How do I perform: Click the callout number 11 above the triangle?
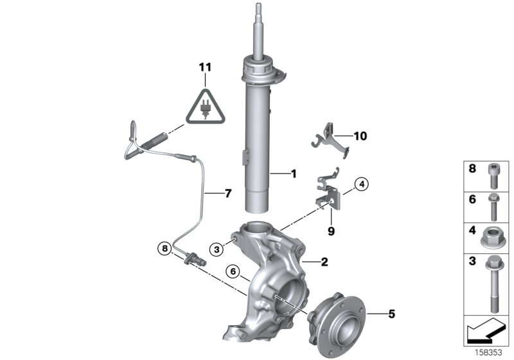click(204, 66)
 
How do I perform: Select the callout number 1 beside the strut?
click(293, 174)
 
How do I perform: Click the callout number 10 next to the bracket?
click(359, 136)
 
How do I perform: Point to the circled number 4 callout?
click(362, 186)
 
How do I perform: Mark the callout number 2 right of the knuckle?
click(324, 262)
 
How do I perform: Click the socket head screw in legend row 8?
click(493, 175)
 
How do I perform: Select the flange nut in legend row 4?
click(493, 234)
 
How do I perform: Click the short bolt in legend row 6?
click(493, 203)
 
